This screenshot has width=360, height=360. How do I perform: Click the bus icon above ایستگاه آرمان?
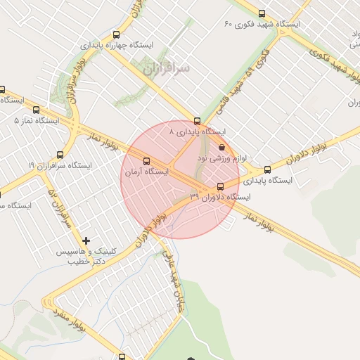tap(146, 160)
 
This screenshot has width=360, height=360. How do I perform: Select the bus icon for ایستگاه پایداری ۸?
tap(197, 120)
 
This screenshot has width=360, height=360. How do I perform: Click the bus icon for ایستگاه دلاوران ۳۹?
tap(221, 186)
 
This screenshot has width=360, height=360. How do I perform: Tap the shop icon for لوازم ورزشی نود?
tap(222, 148)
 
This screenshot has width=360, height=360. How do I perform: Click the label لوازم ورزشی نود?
tap(221, 159)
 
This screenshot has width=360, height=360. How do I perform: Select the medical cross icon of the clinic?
tap(86, 241)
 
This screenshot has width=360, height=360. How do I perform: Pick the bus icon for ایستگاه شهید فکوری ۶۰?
tap(262, 13)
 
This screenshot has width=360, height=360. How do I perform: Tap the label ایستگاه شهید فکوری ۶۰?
tap(262, 25)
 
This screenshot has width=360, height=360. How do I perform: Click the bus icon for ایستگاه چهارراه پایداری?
tap(116, 34)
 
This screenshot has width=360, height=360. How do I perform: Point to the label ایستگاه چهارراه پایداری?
tap(116, 45)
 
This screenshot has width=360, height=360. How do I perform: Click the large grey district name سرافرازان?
tap(167, 70)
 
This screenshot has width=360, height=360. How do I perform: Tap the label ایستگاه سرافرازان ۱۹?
tap(59, 165)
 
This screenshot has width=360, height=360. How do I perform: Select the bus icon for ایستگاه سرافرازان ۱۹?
tap(59, 155)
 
